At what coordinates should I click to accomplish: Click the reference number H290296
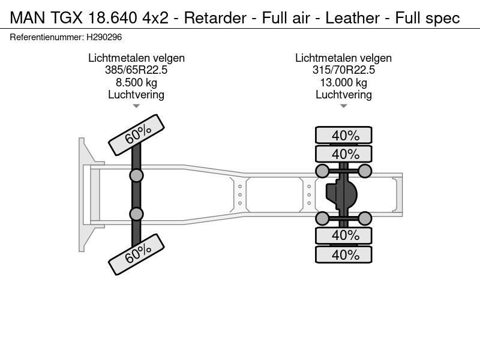pos(105,37)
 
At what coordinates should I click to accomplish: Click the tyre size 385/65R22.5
pos(136,70)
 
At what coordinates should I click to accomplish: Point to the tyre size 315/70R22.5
pos(343,70)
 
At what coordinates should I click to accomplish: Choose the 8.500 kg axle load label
pos(136,83)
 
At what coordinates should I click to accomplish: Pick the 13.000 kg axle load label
pos(343,83)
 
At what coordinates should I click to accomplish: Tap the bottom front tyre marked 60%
pos(137,254)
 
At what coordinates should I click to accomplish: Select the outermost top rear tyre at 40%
pos(344,135)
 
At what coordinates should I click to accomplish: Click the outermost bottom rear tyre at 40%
pos(344,254)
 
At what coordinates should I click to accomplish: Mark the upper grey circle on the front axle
pos(137,175)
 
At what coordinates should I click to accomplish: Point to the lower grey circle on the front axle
pos(137,214)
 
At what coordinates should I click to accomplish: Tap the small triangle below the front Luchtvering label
pos(136,106)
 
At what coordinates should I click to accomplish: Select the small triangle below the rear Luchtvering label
pos(343,106)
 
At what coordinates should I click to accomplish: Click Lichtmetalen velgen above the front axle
pos(136,58)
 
